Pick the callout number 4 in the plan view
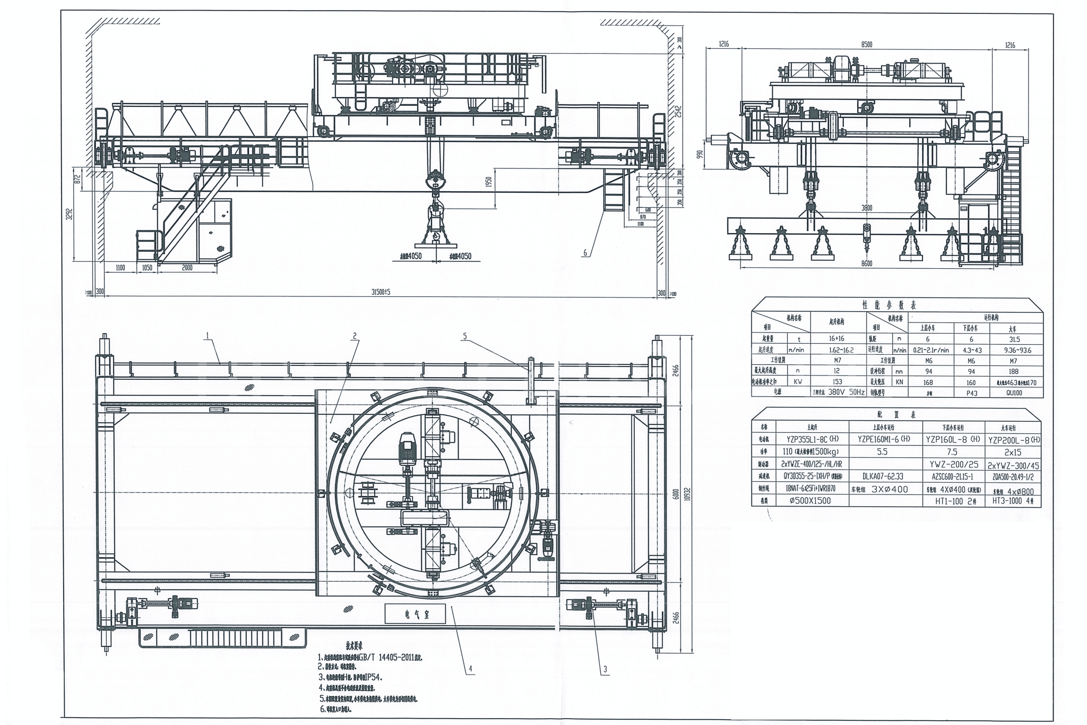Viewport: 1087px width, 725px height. (x=469, y=668)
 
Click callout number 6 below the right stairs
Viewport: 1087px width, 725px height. (x=585, y=253)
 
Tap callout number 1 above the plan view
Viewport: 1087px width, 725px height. (x=208, y=335)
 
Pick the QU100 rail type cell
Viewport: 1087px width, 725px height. (x=1013, y=393)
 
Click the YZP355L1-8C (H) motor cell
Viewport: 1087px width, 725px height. (x=813, y=439)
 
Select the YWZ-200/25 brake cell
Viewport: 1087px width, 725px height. (x=953, y=465)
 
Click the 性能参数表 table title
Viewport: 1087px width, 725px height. (x=896, y=305)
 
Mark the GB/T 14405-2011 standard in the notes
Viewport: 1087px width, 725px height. (x=390, y=657)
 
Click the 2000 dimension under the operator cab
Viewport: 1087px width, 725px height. (x=187, y=268)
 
